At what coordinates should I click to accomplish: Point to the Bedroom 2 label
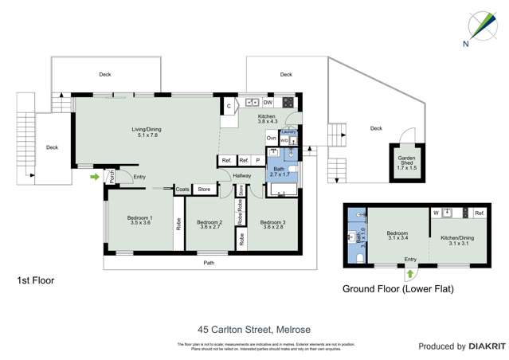pos(209,225)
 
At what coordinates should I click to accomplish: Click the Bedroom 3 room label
pos(272,225)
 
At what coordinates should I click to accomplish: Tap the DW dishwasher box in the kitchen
pos(268,103)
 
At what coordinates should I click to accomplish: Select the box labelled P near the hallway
pos(257,161)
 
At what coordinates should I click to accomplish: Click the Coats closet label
pos(182,190)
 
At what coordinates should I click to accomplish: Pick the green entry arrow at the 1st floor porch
pos(96,177)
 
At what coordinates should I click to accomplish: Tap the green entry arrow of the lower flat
pos(410,273)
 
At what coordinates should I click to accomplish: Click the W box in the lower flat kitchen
pos(436,213)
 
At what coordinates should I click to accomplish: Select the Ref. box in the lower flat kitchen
pos(479,213)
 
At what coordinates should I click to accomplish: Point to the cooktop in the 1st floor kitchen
pos(287,103)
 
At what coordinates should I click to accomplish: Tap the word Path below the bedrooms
pos(209,262)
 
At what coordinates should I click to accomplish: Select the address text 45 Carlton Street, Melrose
pos(254,329)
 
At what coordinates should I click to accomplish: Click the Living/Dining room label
pos(146,132)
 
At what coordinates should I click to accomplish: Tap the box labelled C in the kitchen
pos(229,105)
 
